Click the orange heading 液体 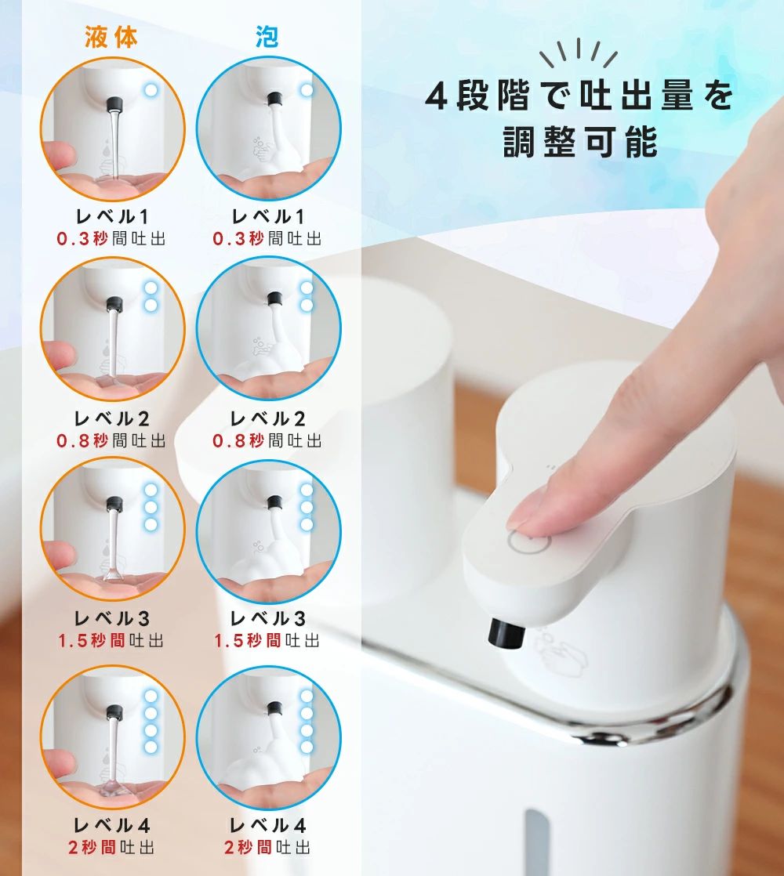tap(111, 37)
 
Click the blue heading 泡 tap(267, 37)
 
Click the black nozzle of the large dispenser tap(506, 634)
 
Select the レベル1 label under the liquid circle tap(112, 216)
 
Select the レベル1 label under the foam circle tap(267, 216)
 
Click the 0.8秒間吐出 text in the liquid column tap(111, 441)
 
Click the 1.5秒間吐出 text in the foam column tap(267, 640)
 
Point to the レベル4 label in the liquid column tap(112, 825)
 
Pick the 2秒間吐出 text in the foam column tap(267, 848)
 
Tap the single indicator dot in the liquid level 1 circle tap(151, 89)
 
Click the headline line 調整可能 tap(581, 142)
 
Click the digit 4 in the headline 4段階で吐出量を tap(436, 96)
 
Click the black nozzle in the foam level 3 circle tap(274, 503)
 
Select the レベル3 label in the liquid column tap(112, 618)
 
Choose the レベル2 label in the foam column tap(267, 418)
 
